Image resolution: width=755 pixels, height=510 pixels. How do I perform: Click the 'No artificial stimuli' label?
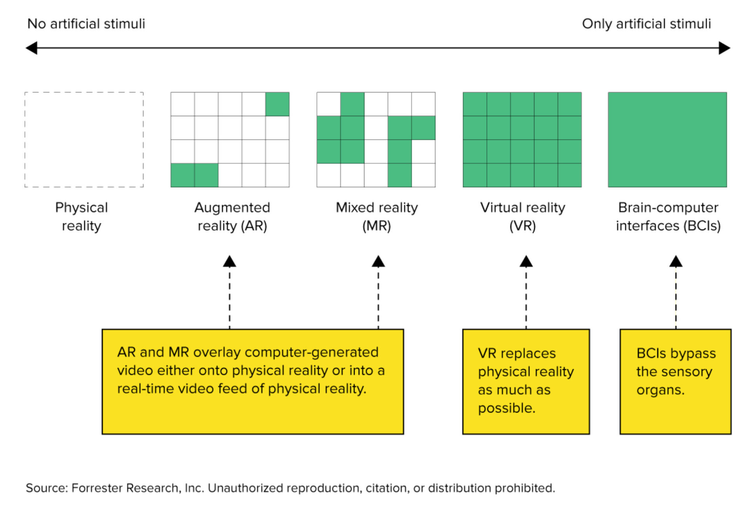(86, 24)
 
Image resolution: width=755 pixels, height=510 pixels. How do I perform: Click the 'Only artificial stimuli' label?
(646, 24)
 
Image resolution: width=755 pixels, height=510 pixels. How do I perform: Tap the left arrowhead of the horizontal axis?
(31, 48)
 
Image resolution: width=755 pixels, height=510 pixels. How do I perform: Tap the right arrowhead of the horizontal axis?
(724, 48)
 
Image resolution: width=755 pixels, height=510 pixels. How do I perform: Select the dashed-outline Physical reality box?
(84, 140)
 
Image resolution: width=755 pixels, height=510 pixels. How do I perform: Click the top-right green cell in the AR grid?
(277, 104)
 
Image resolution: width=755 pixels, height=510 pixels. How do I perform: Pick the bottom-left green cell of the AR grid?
(182, 175)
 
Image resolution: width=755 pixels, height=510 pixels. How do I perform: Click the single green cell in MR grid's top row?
(352, 104)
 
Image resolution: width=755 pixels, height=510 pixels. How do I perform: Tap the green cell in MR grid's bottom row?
(400, 175)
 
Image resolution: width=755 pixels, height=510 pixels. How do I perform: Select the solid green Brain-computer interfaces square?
(667, 140)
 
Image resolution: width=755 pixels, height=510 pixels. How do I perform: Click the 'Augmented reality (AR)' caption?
(232, 217)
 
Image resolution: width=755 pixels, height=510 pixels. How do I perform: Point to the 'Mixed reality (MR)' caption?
(376, 217)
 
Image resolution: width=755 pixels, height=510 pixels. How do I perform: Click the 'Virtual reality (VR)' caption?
(522, 217)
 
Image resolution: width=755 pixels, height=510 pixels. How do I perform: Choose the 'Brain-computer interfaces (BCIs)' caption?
(668, 217)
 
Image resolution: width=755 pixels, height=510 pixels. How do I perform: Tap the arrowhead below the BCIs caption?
(676, 261)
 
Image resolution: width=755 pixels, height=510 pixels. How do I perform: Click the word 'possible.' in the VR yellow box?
(506, 408)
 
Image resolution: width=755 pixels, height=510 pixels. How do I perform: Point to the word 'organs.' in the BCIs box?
(660, 390)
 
